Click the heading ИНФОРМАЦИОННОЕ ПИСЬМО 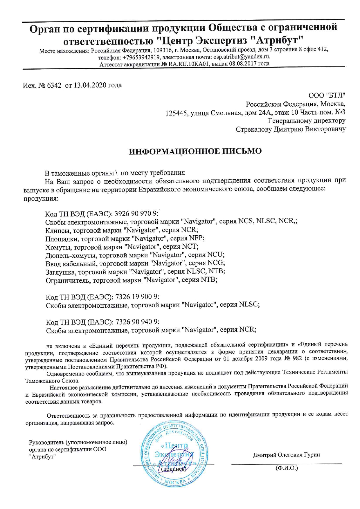pos(195,151)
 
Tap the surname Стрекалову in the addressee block pos(254,129)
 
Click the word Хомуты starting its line pos(58,247)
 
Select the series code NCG pos(215,263)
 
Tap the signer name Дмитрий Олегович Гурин pos(286,455)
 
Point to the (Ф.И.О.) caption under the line pos(286,468)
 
